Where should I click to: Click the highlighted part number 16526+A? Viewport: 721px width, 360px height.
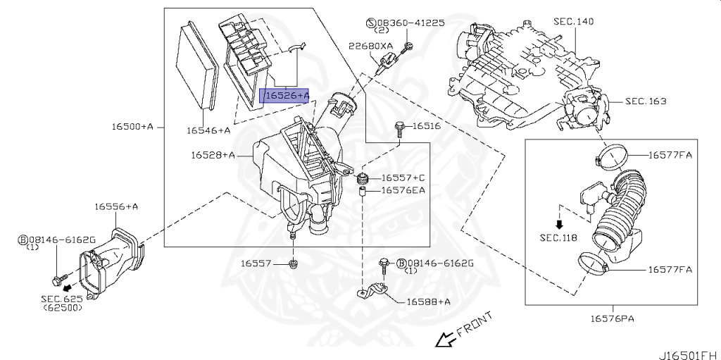pos(286,95)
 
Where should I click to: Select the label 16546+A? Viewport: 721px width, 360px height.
pos(208,130)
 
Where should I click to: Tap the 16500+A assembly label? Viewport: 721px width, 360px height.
pos(132,127)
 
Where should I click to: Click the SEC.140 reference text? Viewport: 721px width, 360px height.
pos(573,22)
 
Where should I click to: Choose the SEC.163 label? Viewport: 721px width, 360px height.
pos(645,101)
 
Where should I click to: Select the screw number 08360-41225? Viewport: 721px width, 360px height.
pos(410,23)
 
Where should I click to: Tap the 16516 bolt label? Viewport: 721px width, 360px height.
pos(426,126)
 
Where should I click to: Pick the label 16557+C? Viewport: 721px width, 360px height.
pos(403,178)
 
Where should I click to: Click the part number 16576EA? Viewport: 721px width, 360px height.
pos(403,190)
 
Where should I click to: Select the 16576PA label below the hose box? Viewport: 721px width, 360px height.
pos(612,318)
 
